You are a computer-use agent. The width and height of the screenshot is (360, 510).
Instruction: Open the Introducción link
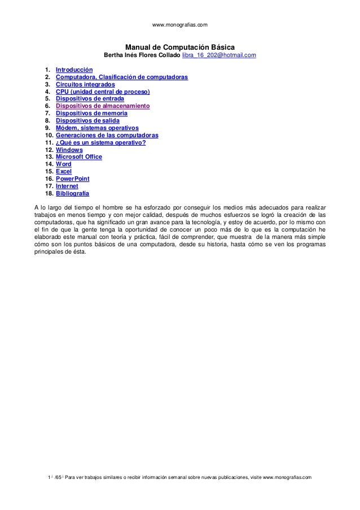pos(74,69)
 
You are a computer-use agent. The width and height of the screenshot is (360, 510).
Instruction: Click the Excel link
pos(63,171)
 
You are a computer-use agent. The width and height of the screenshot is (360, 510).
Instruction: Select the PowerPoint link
pos(72,178)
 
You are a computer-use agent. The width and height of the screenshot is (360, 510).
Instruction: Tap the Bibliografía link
pos(72,193)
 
